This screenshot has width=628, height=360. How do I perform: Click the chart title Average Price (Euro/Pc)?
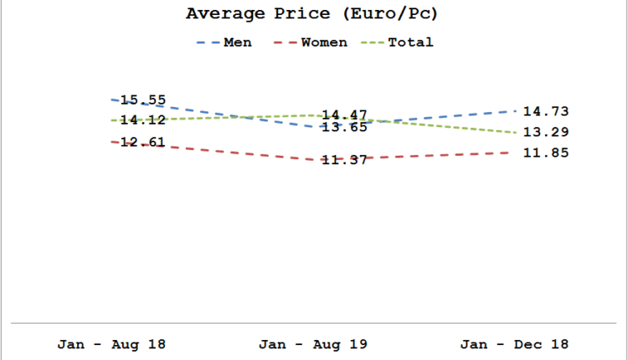point(313,14)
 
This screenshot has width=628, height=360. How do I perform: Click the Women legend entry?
point(323,42)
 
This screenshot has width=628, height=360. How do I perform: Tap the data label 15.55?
point(143,100)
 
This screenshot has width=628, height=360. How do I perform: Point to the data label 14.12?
point(143,120)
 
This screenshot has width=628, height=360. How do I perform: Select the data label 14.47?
point(345,115)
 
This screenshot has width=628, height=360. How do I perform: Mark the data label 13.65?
point(345,127)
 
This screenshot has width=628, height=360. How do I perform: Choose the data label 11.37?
point(345,160)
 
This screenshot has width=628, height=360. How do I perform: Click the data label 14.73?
point(546,111)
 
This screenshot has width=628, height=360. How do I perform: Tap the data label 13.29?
point(546,131)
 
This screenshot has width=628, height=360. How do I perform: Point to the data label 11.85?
point(546,152)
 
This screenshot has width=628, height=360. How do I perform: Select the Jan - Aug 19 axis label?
point(313,344)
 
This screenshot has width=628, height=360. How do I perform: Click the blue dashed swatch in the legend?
point(208,42)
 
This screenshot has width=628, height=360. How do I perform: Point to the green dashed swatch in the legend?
point(373,42)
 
